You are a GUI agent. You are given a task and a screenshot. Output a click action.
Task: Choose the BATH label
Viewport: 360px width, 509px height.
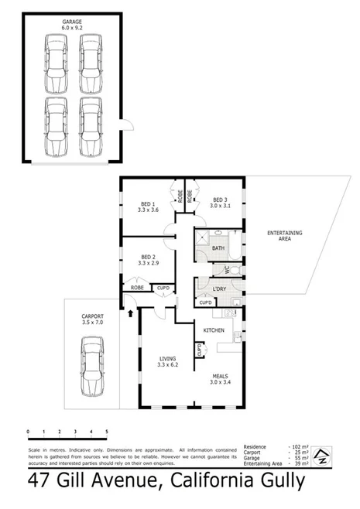[x=218, y=248]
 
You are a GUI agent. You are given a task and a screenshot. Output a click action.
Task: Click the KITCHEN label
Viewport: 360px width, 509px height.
[x=214, y=330]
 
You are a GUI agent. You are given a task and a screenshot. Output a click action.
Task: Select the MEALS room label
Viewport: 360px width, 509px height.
[x=224, y=378]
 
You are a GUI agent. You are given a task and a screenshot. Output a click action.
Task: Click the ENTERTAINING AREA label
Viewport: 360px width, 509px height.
[x=285, y=236]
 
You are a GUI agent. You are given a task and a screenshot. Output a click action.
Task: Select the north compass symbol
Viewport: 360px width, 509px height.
[x=321, y=457]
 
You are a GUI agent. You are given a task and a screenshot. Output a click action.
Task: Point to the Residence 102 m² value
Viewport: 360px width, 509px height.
[x=297, y=447]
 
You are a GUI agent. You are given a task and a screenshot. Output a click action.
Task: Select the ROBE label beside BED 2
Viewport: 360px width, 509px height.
[x=137, y=288]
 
